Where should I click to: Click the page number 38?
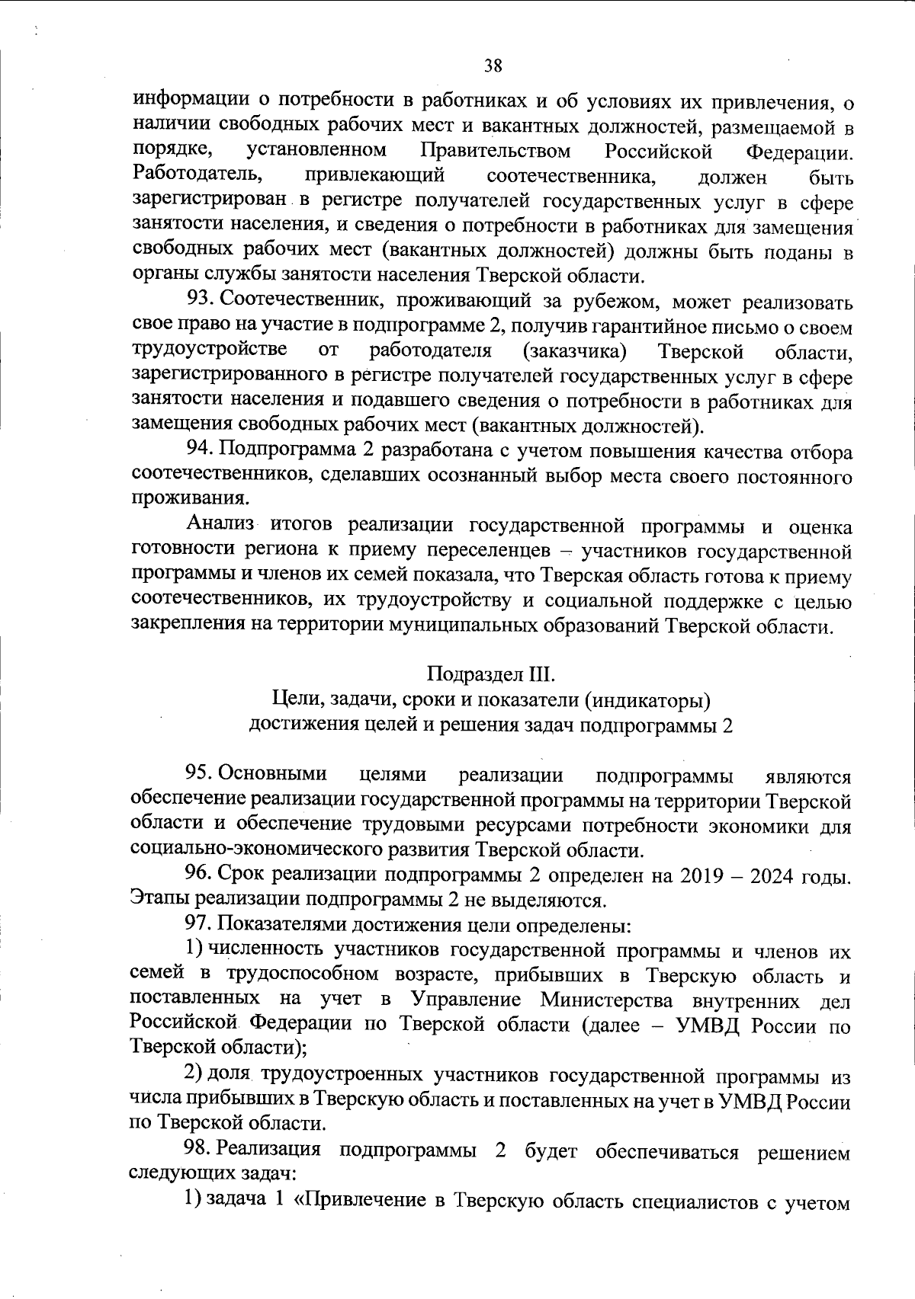point(493,65)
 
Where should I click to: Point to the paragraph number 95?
point(201,774)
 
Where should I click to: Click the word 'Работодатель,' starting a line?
point(197,176)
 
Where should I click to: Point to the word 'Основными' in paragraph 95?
point(272,774)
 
